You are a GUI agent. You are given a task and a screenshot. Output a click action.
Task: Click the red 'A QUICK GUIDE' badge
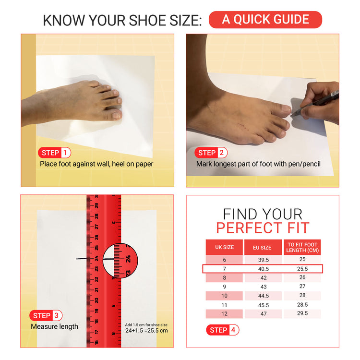(265, 20)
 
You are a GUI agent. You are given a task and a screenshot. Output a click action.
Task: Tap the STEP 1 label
(55, 153)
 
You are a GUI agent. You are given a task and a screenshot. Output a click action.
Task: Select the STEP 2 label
(211, 153)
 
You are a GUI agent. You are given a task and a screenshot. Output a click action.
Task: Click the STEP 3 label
(46, 315)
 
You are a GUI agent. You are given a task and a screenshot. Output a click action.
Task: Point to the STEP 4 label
(222, 330)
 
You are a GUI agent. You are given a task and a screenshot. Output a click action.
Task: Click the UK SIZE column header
(224, 248)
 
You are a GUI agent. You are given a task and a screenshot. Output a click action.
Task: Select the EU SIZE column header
(263, 248)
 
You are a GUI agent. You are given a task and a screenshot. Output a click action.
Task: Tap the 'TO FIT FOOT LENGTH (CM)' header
(302, 248)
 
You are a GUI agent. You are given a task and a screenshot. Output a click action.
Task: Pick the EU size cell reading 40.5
(263, 269)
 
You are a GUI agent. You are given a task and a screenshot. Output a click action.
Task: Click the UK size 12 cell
(224, 313)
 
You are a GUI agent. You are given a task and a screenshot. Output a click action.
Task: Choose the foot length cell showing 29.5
(302, 313)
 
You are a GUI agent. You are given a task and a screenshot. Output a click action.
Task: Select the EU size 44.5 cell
(263, 296)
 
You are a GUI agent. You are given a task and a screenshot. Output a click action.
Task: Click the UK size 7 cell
(224, 269)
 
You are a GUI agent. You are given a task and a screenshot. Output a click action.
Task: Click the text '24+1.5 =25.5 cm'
(146, 330)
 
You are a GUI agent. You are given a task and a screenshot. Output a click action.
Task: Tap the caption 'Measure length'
(54, 326)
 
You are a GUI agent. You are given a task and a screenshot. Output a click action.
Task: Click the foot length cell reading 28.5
(302, 305)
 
